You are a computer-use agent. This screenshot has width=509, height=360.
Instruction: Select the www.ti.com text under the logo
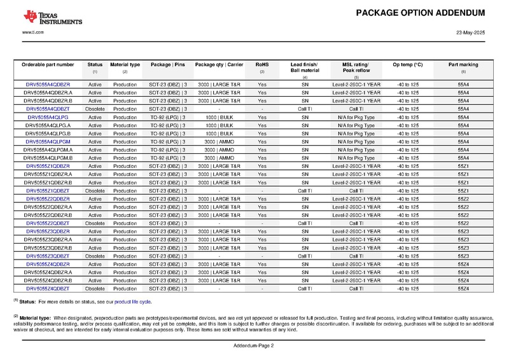(x=32, y=32)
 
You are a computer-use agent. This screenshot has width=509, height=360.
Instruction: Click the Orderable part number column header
(x=48, y=65)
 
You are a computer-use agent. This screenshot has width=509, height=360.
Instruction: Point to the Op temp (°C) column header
(x=408, y=65)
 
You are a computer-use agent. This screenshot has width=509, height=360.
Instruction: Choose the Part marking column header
(x=463, y=65)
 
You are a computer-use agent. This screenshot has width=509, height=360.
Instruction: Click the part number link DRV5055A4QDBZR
(x=48, y=85)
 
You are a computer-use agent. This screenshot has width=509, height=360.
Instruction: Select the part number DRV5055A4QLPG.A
(x=48, y=125)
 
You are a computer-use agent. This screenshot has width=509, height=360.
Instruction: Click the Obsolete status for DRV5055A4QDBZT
(x=95, y=109)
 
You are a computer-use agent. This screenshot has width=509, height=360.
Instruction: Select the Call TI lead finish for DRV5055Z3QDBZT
(x=305, y=256)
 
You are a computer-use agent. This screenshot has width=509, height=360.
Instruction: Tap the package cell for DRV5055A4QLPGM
(x=167, y=142)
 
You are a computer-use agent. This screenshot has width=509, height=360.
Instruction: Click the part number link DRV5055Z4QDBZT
(x=48, y=289)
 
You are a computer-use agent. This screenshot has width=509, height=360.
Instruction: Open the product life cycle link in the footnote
(x=132, y=301)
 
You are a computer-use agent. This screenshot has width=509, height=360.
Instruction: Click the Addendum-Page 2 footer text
(x=254, y=345)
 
